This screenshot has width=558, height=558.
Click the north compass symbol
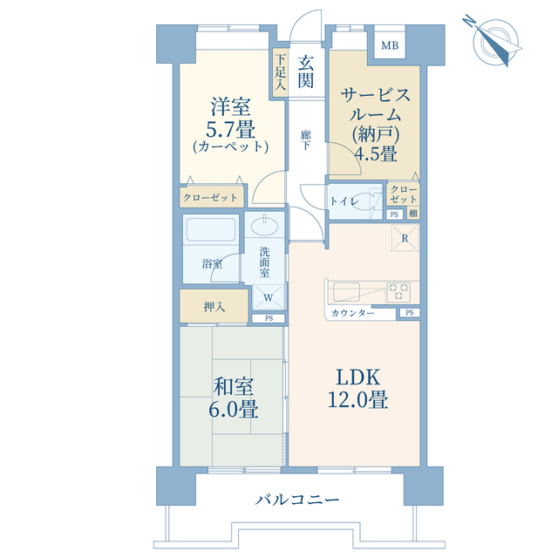coord(493,41)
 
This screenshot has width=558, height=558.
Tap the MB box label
coord(388,45)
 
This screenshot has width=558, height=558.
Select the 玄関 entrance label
coord(306,71)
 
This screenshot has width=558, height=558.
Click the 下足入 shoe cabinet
coord(280,74)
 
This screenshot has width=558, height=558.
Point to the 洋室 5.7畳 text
coord(230,126)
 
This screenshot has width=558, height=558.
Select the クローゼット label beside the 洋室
coord(210,197)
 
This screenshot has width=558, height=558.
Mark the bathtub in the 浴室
coord(212,233)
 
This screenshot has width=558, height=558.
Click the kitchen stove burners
coord(401,289)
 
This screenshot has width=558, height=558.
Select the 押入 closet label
coord(214,307)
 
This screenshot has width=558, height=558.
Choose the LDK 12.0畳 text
coord(357,389)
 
